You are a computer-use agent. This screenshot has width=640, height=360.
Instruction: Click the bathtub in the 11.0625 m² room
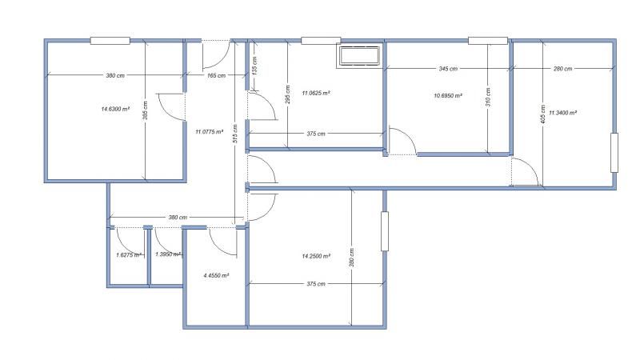click(359, 55)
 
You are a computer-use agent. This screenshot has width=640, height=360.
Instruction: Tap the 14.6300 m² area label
click(115, 109)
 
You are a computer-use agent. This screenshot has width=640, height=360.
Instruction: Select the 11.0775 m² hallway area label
click(210, 132)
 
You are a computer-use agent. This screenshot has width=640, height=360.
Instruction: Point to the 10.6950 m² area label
click(448, 96)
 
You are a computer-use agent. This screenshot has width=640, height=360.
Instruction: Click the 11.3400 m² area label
click(563, 113)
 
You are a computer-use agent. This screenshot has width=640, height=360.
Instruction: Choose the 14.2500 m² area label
click(316, 256)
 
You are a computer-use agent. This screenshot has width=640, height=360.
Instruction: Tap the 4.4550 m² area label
click(216, 275)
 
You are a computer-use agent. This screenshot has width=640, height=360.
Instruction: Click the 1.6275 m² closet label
click(129, 254)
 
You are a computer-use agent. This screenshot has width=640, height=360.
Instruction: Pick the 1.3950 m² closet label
click(168, 254)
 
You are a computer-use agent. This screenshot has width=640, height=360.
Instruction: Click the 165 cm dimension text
click(216, 75)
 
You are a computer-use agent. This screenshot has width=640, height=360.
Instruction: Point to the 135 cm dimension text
click(254, 66)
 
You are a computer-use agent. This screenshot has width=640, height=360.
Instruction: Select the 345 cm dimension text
click(448, 69)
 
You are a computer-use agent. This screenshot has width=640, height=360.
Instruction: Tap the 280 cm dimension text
click(563, 69)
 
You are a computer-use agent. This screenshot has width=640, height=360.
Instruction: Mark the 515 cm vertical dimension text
click(234, 134)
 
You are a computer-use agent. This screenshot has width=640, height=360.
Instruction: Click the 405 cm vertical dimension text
click(542, 114)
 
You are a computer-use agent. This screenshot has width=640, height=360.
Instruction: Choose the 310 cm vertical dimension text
click(488, 97)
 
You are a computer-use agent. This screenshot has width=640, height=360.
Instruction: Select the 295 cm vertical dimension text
click(288, 94)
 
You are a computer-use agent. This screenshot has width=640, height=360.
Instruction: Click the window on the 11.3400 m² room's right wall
click(614, 152)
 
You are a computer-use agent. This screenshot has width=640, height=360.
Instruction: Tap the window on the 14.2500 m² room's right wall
click(385, 231)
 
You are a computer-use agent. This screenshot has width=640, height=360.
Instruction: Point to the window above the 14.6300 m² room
click(110, 41)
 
